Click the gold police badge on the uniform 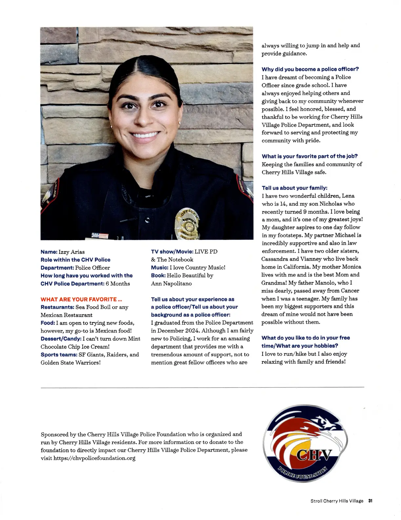click(x=187, y=224)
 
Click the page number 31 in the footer click(x=371, y=501)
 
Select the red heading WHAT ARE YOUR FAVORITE click(x=81, y=299)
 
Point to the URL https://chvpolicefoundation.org click(x=94, y=458)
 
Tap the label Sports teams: click(x=59, y=355)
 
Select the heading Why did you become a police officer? click(x=310, y=69)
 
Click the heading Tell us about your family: click(x=294, y=188)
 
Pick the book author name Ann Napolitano click(x=171, y=283)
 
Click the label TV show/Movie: click(x=172, y=251)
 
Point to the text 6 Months click(x=118, y=284)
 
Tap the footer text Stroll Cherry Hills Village click(x=337, y=501)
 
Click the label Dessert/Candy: click(x=61, y=339)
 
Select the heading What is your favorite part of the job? click(x=309, y=156)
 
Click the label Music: click(x=159, y=268)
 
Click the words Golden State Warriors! click(x=70, y=363)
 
